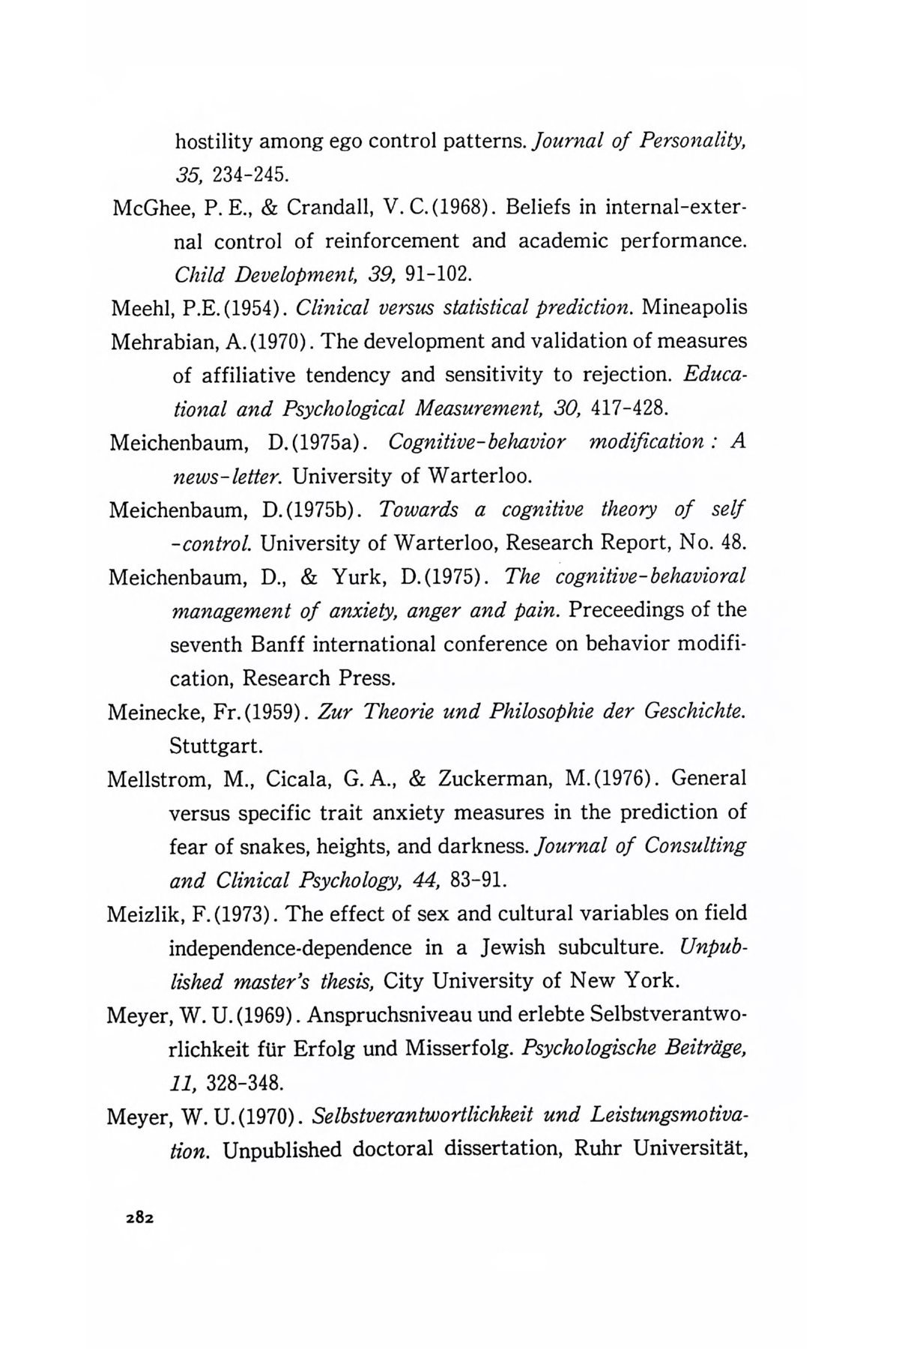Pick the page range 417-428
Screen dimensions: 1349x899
click(628, 409)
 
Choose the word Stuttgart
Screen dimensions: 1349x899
click(216, 746)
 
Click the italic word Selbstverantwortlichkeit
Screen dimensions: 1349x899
click(426, 1117)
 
